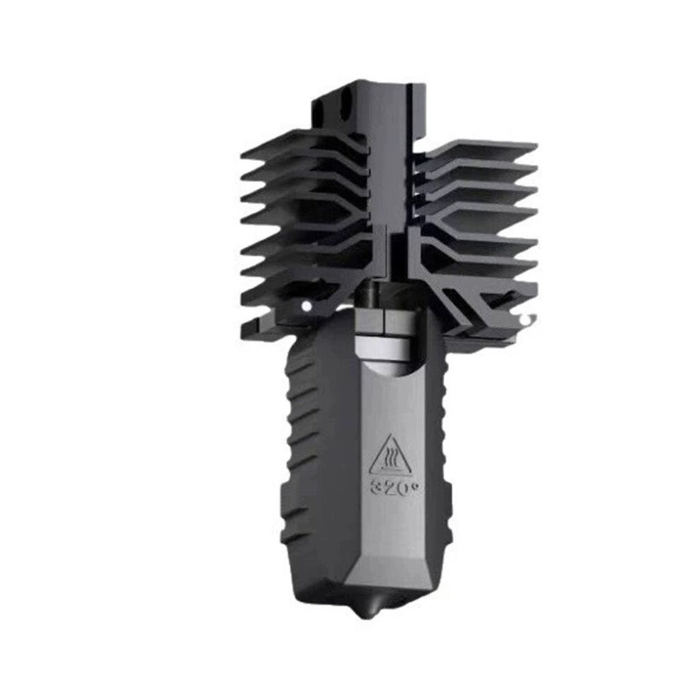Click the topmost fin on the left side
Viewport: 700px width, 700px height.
click(303, 143)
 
